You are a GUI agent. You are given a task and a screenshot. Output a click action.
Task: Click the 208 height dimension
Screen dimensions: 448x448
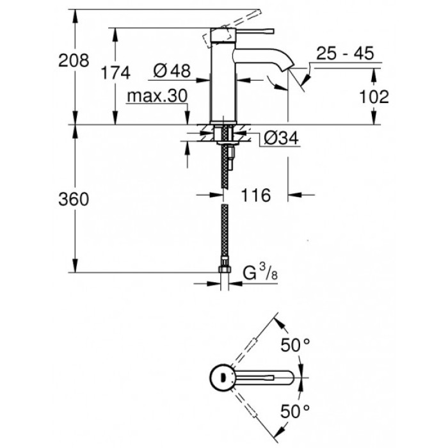tap(72, 61)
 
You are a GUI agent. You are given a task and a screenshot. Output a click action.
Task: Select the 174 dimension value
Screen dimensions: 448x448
tap(115, 72)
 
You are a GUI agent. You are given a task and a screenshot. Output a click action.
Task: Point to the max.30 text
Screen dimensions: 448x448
tap(157, 96)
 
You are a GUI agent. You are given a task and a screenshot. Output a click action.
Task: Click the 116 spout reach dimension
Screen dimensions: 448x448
tap(254, 194)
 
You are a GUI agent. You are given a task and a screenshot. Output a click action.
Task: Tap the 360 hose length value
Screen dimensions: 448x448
tap(72, 199)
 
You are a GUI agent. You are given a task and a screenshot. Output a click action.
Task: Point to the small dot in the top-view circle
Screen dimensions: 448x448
tap(221, 377)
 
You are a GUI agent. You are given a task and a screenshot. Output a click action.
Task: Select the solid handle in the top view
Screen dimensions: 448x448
tap(262, 376)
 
